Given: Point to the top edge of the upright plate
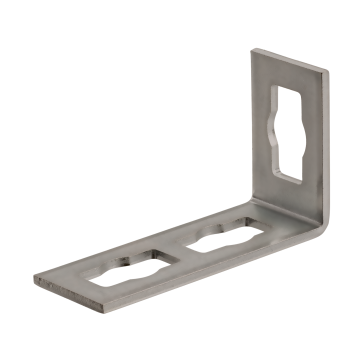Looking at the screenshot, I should pos(291,57).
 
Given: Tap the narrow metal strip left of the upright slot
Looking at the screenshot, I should pos(262,120).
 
